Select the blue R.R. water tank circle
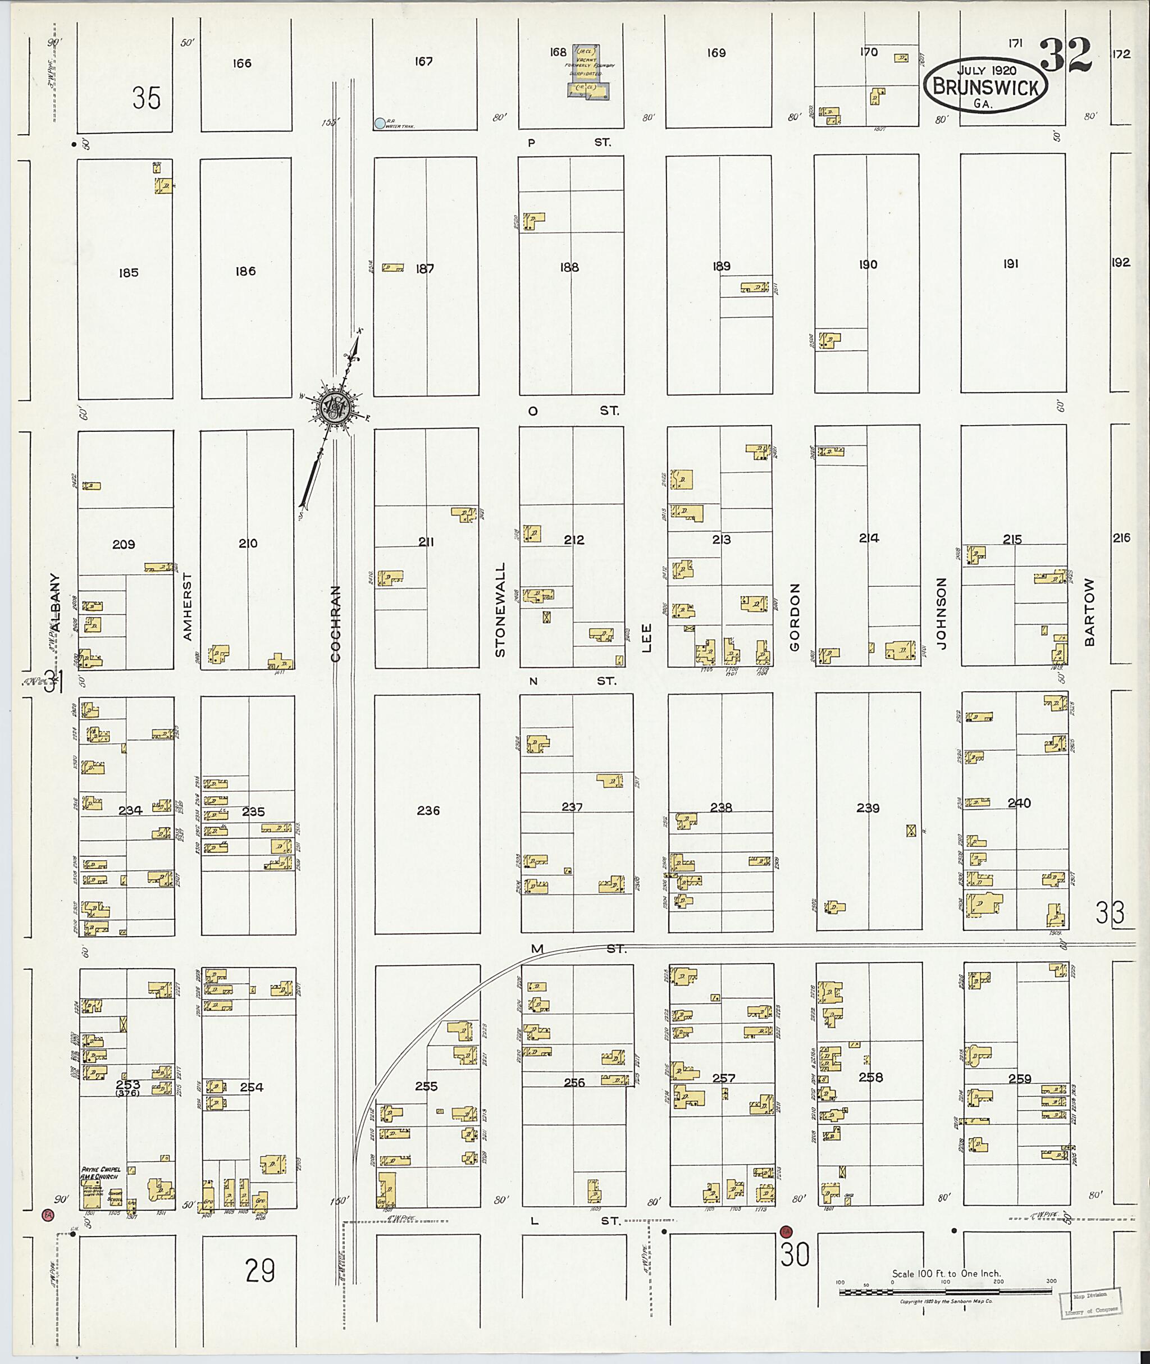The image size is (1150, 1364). pyautogui.click(x=380, y=122)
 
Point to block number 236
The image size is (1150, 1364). pyautogui.click(x=428, y=810)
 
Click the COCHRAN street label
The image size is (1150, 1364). pyautogui.click(x=336, y=623)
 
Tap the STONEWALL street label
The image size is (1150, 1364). pyautogui.click(x=500, y=610)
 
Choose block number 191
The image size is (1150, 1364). pyautogui.click(x=1011, y=264)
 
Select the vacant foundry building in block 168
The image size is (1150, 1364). pyautogui.click(x=588, y=72)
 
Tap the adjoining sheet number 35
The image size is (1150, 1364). pyautogui.click(x=146, y=98)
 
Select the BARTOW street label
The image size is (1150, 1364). pyautogui.click(x=1089, y=612)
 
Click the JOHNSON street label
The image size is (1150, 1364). pyautogui.click(x=941, y=612)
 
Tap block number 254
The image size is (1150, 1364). pyautogui.click(x=252, y=1087)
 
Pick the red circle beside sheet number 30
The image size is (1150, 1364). pyautogui.click(x=786, y=1231)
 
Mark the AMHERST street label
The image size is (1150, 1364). pyautogui.click(x=188, y=606)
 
